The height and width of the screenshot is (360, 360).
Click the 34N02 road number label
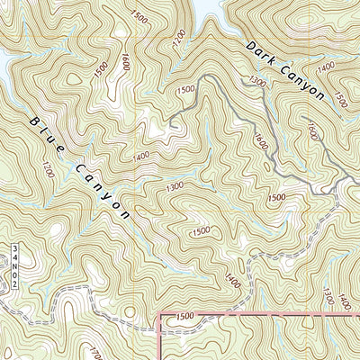[15, 265]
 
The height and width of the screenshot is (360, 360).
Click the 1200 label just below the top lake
[179, 37]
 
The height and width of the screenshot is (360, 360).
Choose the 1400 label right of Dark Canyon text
[326, 65]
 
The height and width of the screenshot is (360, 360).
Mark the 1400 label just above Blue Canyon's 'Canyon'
[140, 157]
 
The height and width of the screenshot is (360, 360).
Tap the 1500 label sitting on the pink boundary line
[184, 316]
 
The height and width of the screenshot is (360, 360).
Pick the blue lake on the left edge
[4, 63]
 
